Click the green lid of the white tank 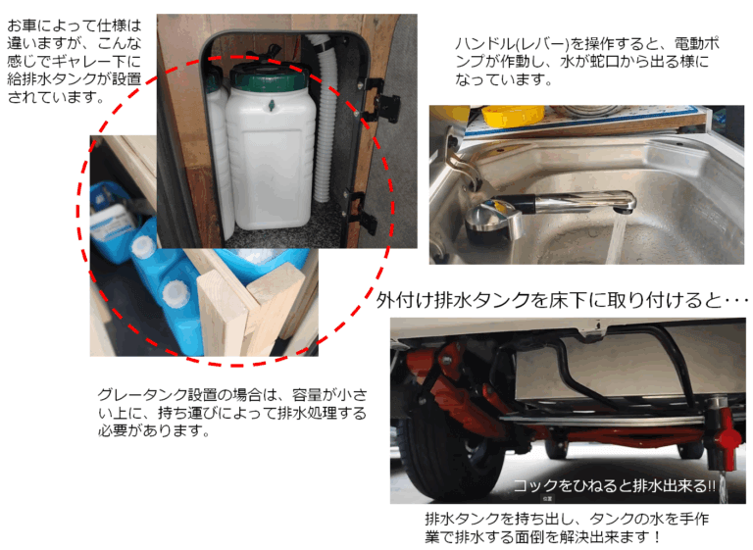point(268,76)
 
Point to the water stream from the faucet point(616,239)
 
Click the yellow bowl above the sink point(513,117)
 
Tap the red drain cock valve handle point(728,438)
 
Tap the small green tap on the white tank point(272,105)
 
